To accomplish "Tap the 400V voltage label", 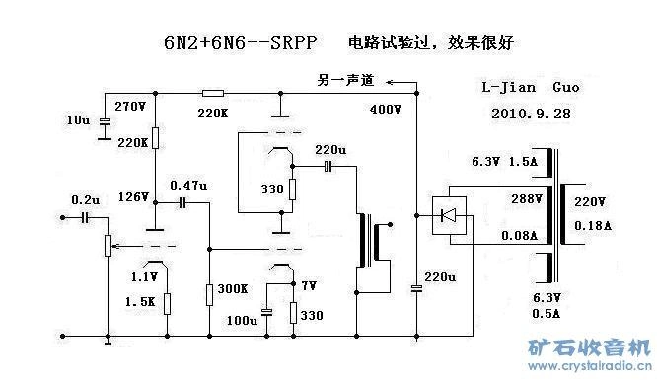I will pyautogui.click(x=386, y=109).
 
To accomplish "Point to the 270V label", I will pyautogui.click(x=131, y=106).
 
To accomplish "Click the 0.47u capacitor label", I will pyautogui.click(x=189, y=185).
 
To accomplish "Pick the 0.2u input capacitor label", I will pyautogui.click(x=86, y=199).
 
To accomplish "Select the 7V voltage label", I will pyautogui.click(x=309, y=286).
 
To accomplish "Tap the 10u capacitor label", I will pyautogui.click(x=78, y=120).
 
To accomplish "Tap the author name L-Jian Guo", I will pyautogui.click(x=530, y=88).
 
